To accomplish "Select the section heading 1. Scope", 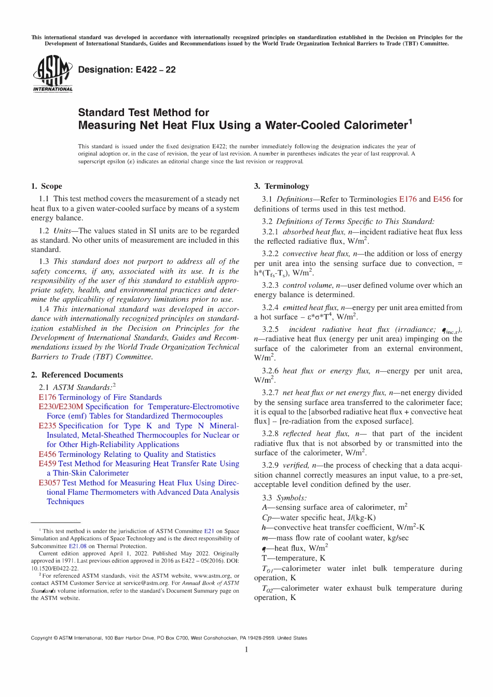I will (46, 186).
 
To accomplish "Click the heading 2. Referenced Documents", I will (77, 375).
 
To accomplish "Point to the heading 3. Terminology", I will (281, 186).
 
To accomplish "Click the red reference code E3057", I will (49, 483).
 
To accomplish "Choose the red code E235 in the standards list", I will (47, 426).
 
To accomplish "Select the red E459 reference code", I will (47, 464).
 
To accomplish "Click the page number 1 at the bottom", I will (246, 650).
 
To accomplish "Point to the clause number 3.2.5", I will (270, 329).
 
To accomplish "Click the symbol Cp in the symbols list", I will (267, 518).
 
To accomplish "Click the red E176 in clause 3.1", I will (407, 199).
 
